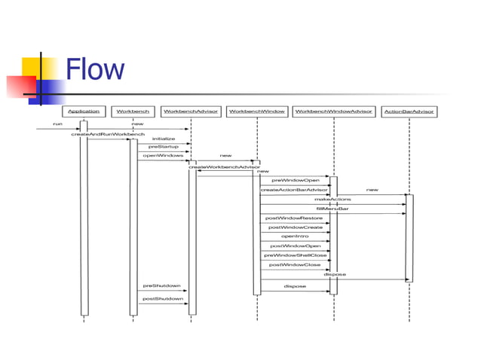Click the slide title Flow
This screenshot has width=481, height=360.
tap(95, 70)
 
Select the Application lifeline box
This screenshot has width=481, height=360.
tap(84, 111)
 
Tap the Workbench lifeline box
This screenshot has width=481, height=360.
tap(133, 111)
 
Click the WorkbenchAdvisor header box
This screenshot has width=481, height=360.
tap(191, 111)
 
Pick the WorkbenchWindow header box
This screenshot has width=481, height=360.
tap(256, 111)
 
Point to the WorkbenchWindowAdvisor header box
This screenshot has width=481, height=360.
tap(334, 111)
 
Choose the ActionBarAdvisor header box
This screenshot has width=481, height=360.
tap(409, 111)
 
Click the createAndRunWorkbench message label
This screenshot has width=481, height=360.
tap(108, 134)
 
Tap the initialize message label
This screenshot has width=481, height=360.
tap(164, 139)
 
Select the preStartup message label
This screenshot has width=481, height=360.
tap(163, 147)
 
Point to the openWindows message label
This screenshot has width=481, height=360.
tap(163, 156)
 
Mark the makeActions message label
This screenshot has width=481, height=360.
tap(332, 199)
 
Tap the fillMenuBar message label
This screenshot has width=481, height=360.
tap(332, 209)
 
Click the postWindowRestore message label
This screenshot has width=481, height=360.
tap(294, 218)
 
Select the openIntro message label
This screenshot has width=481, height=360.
tap(295, 236)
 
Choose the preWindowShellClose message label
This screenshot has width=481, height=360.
tap(295, 255)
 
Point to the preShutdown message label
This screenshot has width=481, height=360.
tap(162, 286)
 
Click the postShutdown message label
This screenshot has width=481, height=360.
tap(163, 299)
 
